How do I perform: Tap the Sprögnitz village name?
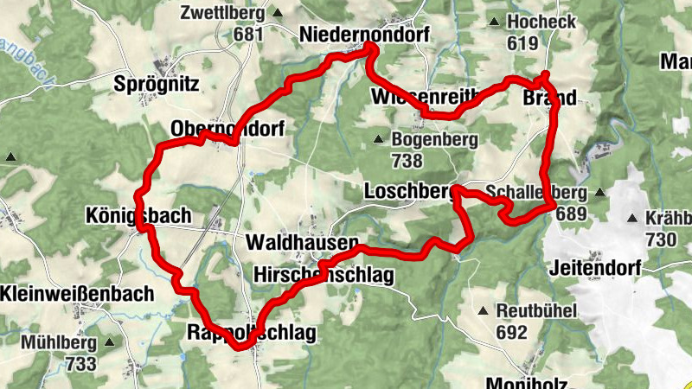tap(157, 84)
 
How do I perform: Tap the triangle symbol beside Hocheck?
tap(494, 22)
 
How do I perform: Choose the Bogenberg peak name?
tap(427, 139)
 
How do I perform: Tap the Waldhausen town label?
tap(301, 241)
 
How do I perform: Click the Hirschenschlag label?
tap(324, 275)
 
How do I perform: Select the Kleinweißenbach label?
tap(77, 294)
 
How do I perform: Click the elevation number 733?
tap(80, 363)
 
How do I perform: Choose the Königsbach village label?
tap(139, 214)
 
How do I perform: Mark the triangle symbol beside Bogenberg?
tap(378, 139)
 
